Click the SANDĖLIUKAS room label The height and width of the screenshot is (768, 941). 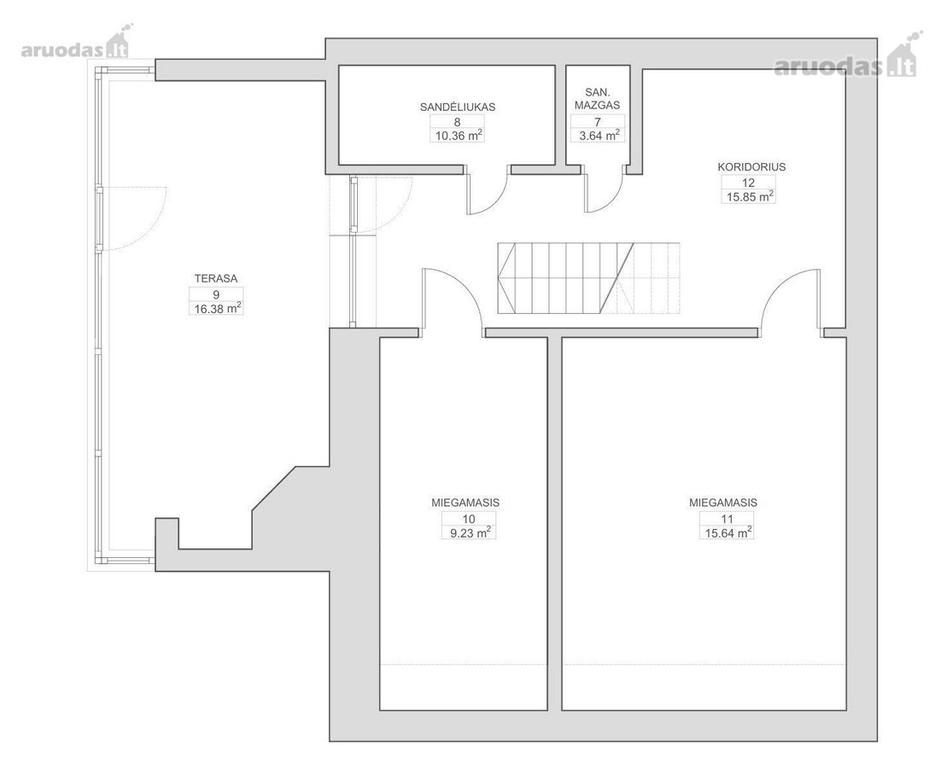[458, 108]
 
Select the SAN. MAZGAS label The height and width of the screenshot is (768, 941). [597, 99]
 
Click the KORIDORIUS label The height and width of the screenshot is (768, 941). [751, 167]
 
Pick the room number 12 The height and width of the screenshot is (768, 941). [748, 183]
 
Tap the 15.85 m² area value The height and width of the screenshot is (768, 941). [749, 196]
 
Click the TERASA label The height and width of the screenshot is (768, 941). [216, 279]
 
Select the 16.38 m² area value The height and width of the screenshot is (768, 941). [216, 309]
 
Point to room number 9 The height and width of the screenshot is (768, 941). [216, 294]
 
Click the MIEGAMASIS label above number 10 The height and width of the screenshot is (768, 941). [465, 503]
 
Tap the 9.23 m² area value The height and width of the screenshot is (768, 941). [470, 532]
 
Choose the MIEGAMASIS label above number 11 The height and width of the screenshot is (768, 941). [723, 503]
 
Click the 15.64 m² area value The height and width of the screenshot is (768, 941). [728, 532]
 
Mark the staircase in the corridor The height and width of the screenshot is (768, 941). [588, 278]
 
